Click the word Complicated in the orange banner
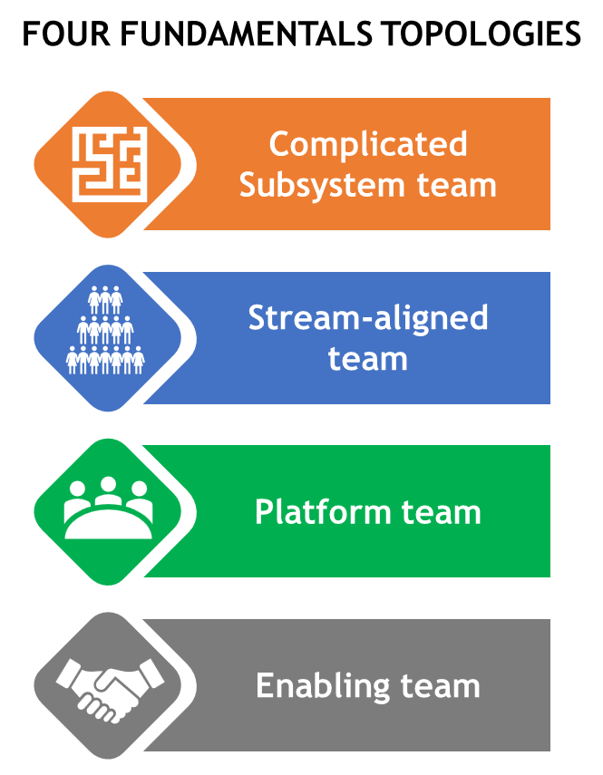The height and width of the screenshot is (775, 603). [367, 144]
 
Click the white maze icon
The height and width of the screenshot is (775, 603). [109, 164]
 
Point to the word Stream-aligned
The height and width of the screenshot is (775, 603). [367, 318]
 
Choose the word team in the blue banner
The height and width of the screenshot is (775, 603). [367, 359]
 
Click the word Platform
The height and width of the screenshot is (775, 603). [314, 512]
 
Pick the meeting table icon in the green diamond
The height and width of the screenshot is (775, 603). [107, 509]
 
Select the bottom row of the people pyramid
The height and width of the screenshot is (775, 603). [106, 361]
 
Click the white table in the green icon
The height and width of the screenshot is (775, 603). [108, 524]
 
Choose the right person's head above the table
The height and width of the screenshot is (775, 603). [139, 490]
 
